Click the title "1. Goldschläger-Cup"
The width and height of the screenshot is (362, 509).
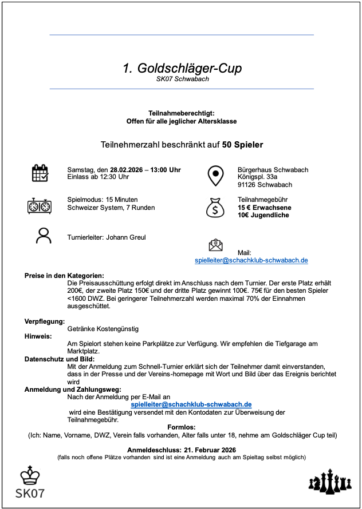(182, 69)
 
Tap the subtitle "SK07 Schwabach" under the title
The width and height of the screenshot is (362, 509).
(182, 79)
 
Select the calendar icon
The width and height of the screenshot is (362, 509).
(40, 173)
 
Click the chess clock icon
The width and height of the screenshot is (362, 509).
(40, 205)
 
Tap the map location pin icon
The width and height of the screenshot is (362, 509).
(215, 176)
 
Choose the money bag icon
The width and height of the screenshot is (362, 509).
(215, 208)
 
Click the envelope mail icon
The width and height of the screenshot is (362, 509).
(215, 245)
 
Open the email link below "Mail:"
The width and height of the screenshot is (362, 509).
(251, 260)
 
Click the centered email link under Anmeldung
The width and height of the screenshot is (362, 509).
(191, 404)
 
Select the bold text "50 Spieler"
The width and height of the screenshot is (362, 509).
(243, 145)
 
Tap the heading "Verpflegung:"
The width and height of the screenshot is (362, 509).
(45, 321)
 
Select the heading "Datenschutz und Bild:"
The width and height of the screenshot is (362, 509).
(60, 359)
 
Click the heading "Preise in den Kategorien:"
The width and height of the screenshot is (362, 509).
(64, 276)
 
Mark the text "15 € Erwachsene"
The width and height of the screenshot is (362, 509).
(265, 208)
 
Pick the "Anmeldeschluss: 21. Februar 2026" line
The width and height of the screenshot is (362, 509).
(182, 450)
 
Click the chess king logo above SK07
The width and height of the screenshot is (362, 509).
(30, 476)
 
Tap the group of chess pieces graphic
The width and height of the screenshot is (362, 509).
(329, 481)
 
